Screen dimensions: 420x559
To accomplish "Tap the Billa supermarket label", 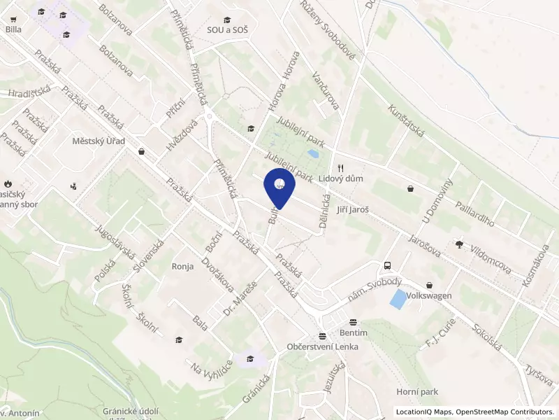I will tap(13, 29).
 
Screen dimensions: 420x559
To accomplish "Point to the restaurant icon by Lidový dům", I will tap(341, 168).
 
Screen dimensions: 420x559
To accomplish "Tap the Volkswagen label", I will tap(430, 296).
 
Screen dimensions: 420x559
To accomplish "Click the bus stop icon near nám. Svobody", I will tap(387, 266).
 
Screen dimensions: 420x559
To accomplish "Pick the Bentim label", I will tap(354, 333).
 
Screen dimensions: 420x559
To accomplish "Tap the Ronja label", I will tap(182, 266).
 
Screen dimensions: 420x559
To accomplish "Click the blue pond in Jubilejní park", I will tap(314, 153).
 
